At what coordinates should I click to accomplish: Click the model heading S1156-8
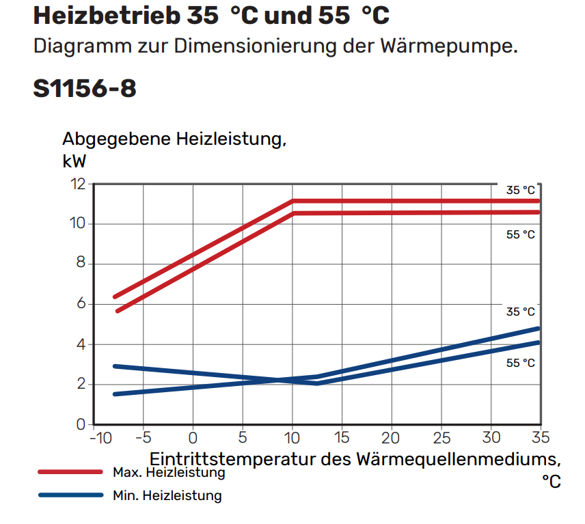tap(85, 88)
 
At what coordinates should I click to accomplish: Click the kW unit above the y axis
tap(74, 161)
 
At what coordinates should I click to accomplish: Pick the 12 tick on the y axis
tap(77, 184)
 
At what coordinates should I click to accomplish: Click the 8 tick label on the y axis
tap(81, 264)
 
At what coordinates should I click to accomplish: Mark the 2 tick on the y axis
tap(81, 385)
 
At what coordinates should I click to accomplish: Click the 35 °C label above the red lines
tap(520, 191)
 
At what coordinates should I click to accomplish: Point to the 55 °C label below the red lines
tap(520, 234)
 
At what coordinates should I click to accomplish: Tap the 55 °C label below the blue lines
tap(520, 363)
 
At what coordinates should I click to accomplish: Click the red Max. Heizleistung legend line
tap(70, 472)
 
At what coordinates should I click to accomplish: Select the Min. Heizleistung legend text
tap(167, 495)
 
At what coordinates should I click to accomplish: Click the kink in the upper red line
tap(292, 201)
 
